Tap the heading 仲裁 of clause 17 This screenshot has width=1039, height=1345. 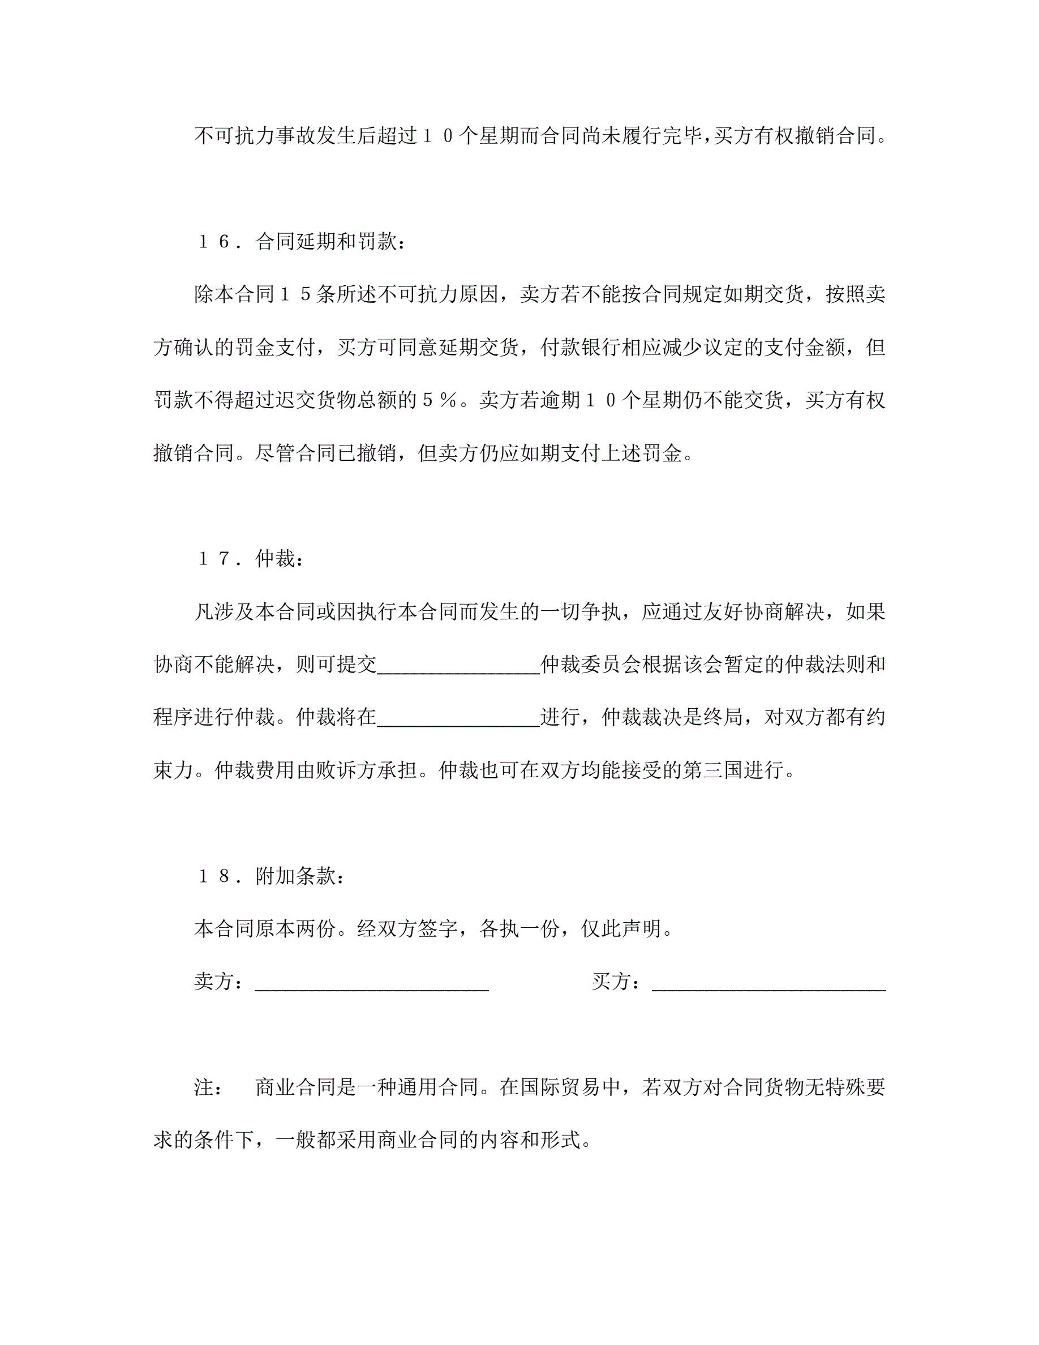[x=275, y=559]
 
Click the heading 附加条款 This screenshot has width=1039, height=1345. [x=295, y=876]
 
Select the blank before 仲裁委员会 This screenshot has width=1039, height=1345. [x=458, y=665]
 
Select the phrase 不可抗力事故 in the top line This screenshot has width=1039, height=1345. [x=255, y=136]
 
